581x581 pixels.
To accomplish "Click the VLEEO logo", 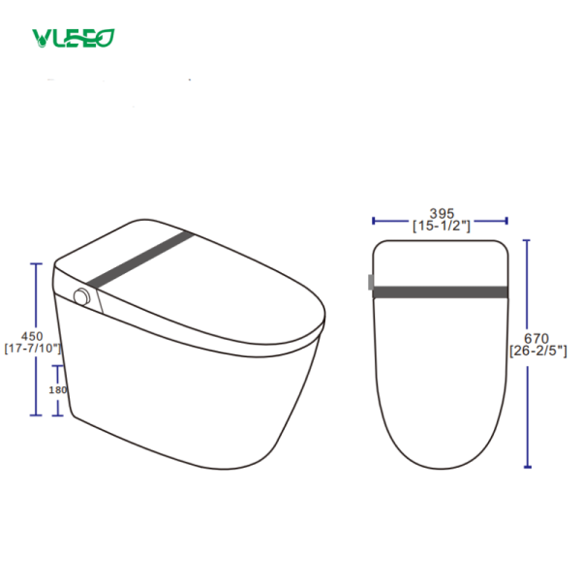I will tap(74, 38).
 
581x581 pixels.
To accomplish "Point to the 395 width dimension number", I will tap(441, 214).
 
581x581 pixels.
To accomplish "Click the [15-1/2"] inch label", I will tap(441, 226).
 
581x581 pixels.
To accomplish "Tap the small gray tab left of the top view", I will tap(371, 283).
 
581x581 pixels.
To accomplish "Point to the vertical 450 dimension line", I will tap(36, 290).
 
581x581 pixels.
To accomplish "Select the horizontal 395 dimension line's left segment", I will tap(392, 220).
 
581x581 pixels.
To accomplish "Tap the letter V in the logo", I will tap(40, 39).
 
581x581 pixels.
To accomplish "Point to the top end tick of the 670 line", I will tap(529, 239).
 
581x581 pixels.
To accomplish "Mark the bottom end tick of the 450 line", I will tap(36, 415).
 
